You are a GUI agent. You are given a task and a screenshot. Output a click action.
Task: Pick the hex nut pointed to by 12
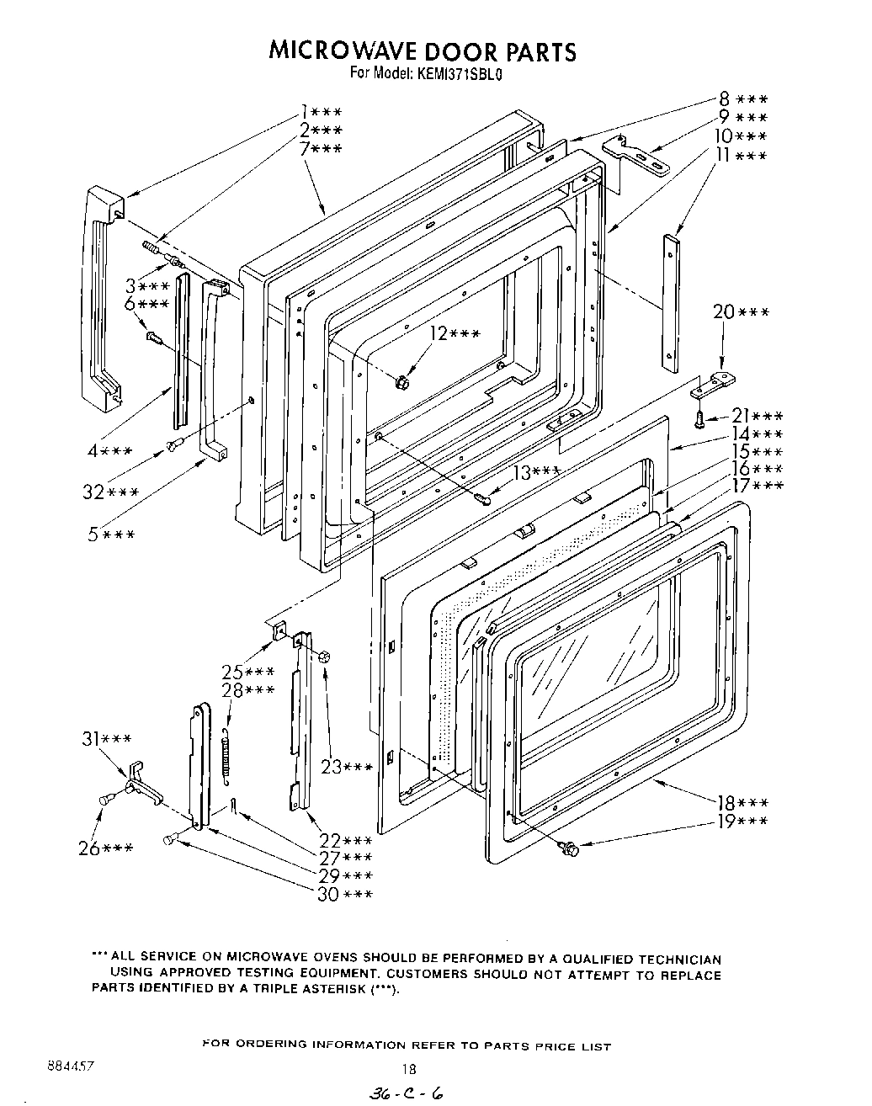(402, 382)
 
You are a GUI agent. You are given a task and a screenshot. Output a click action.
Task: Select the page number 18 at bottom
(408, 1071)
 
